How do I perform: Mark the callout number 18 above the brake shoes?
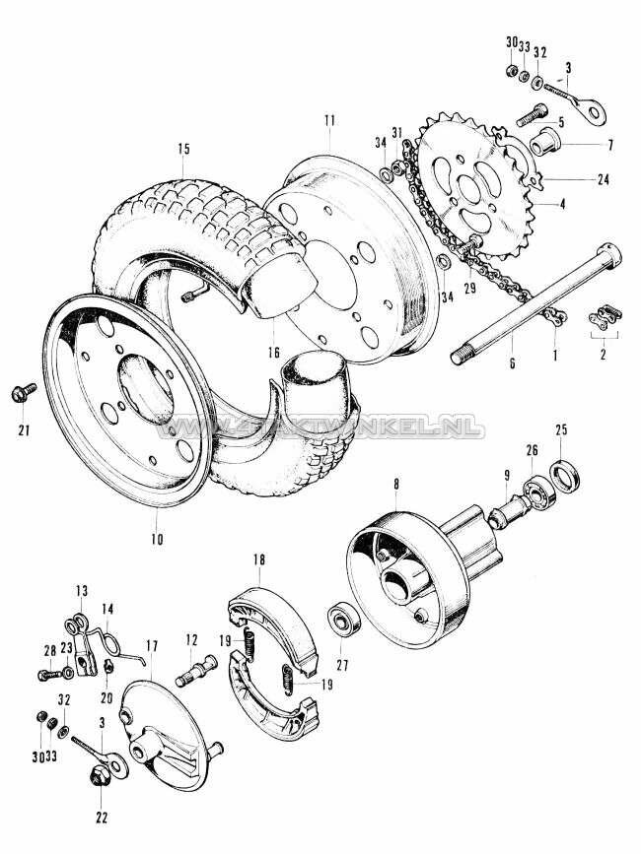click(x=258, y=559)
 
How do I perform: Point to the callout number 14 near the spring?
click(x=107, y=609)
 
